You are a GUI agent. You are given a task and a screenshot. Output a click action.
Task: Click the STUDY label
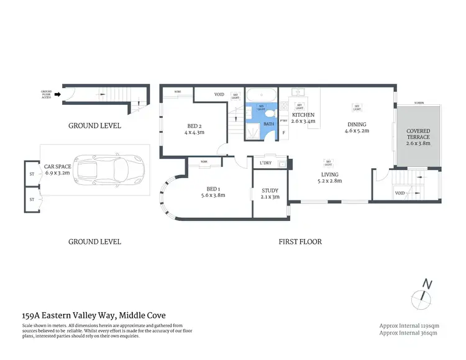pyautogui.click(x=270, y=194)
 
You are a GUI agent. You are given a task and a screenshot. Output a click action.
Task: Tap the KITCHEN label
pyautogui.click(x=304, y=115)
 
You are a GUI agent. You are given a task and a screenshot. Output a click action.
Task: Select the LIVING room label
pyautogui.click(x=329, y=178)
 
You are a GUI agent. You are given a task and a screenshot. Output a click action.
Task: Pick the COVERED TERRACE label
pyautogui.click(x=418, y=137)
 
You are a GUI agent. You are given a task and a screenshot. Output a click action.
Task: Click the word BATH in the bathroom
pyautogui.click(x=268, y=124)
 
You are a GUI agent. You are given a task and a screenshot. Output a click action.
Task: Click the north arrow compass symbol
pyautogui.click(x=426, y=295)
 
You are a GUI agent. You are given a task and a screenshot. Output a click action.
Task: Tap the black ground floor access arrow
pyautogui.click(x=58, y=95)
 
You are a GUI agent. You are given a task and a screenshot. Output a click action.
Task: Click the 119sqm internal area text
pyautogui.click(x=409, y=326)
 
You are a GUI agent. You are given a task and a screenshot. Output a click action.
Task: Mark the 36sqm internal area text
pyautogui.click(x=409, y=333)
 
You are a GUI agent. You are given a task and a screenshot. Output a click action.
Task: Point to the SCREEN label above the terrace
pyautogui.click(x=419, y=103)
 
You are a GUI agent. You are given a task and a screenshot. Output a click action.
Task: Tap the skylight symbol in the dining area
pyautogui.click(x=357, y=107)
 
